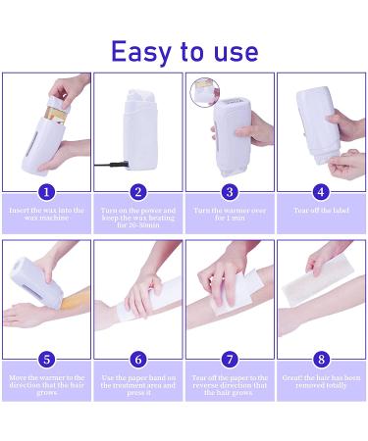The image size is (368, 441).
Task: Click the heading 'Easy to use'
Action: pos(184,50)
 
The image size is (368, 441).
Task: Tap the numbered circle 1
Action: pos(46,192)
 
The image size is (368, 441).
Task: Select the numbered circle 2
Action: pos(137,192)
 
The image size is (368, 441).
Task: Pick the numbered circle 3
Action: pos(230,192)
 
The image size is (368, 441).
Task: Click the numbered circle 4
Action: pos(321,192)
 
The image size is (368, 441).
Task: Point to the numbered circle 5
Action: pos(46,359)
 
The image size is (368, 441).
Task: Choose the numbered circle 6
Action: pos(137,359)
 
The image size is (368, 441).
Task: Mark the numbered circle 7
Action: pos(230,359)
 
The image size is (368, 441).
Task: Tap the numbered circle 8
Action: pos(321,359)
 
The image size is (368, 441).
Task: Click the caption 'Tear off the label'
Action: pos(321,211)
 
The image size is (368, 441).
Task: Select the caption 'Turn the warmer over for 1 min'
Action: pos(230,215)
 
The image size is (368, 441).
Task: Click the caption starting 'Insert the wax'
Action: pos(46,215)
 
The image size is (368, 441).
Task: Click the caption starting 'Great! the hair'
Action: pos(321,381)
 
